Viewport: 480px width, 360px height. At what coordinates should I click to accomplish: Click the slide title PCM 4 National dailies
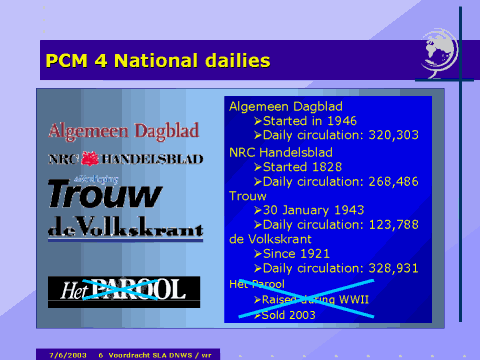click(158, 61)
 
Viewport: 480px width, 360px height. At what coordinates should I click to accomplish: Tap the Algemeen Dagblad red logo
click(123, 131)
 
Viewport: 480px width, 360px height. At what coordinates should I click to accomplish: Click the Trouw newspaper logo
click(105, 193)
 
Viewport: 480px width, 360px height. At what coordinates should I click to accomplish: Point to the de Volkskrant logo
click(124, 230)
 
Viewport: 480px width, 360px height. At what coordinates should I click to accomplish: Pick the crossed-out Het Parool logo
click(123, 290)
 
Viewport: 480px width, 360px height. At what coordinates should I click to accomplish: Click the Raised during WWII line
click(305, 300)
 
